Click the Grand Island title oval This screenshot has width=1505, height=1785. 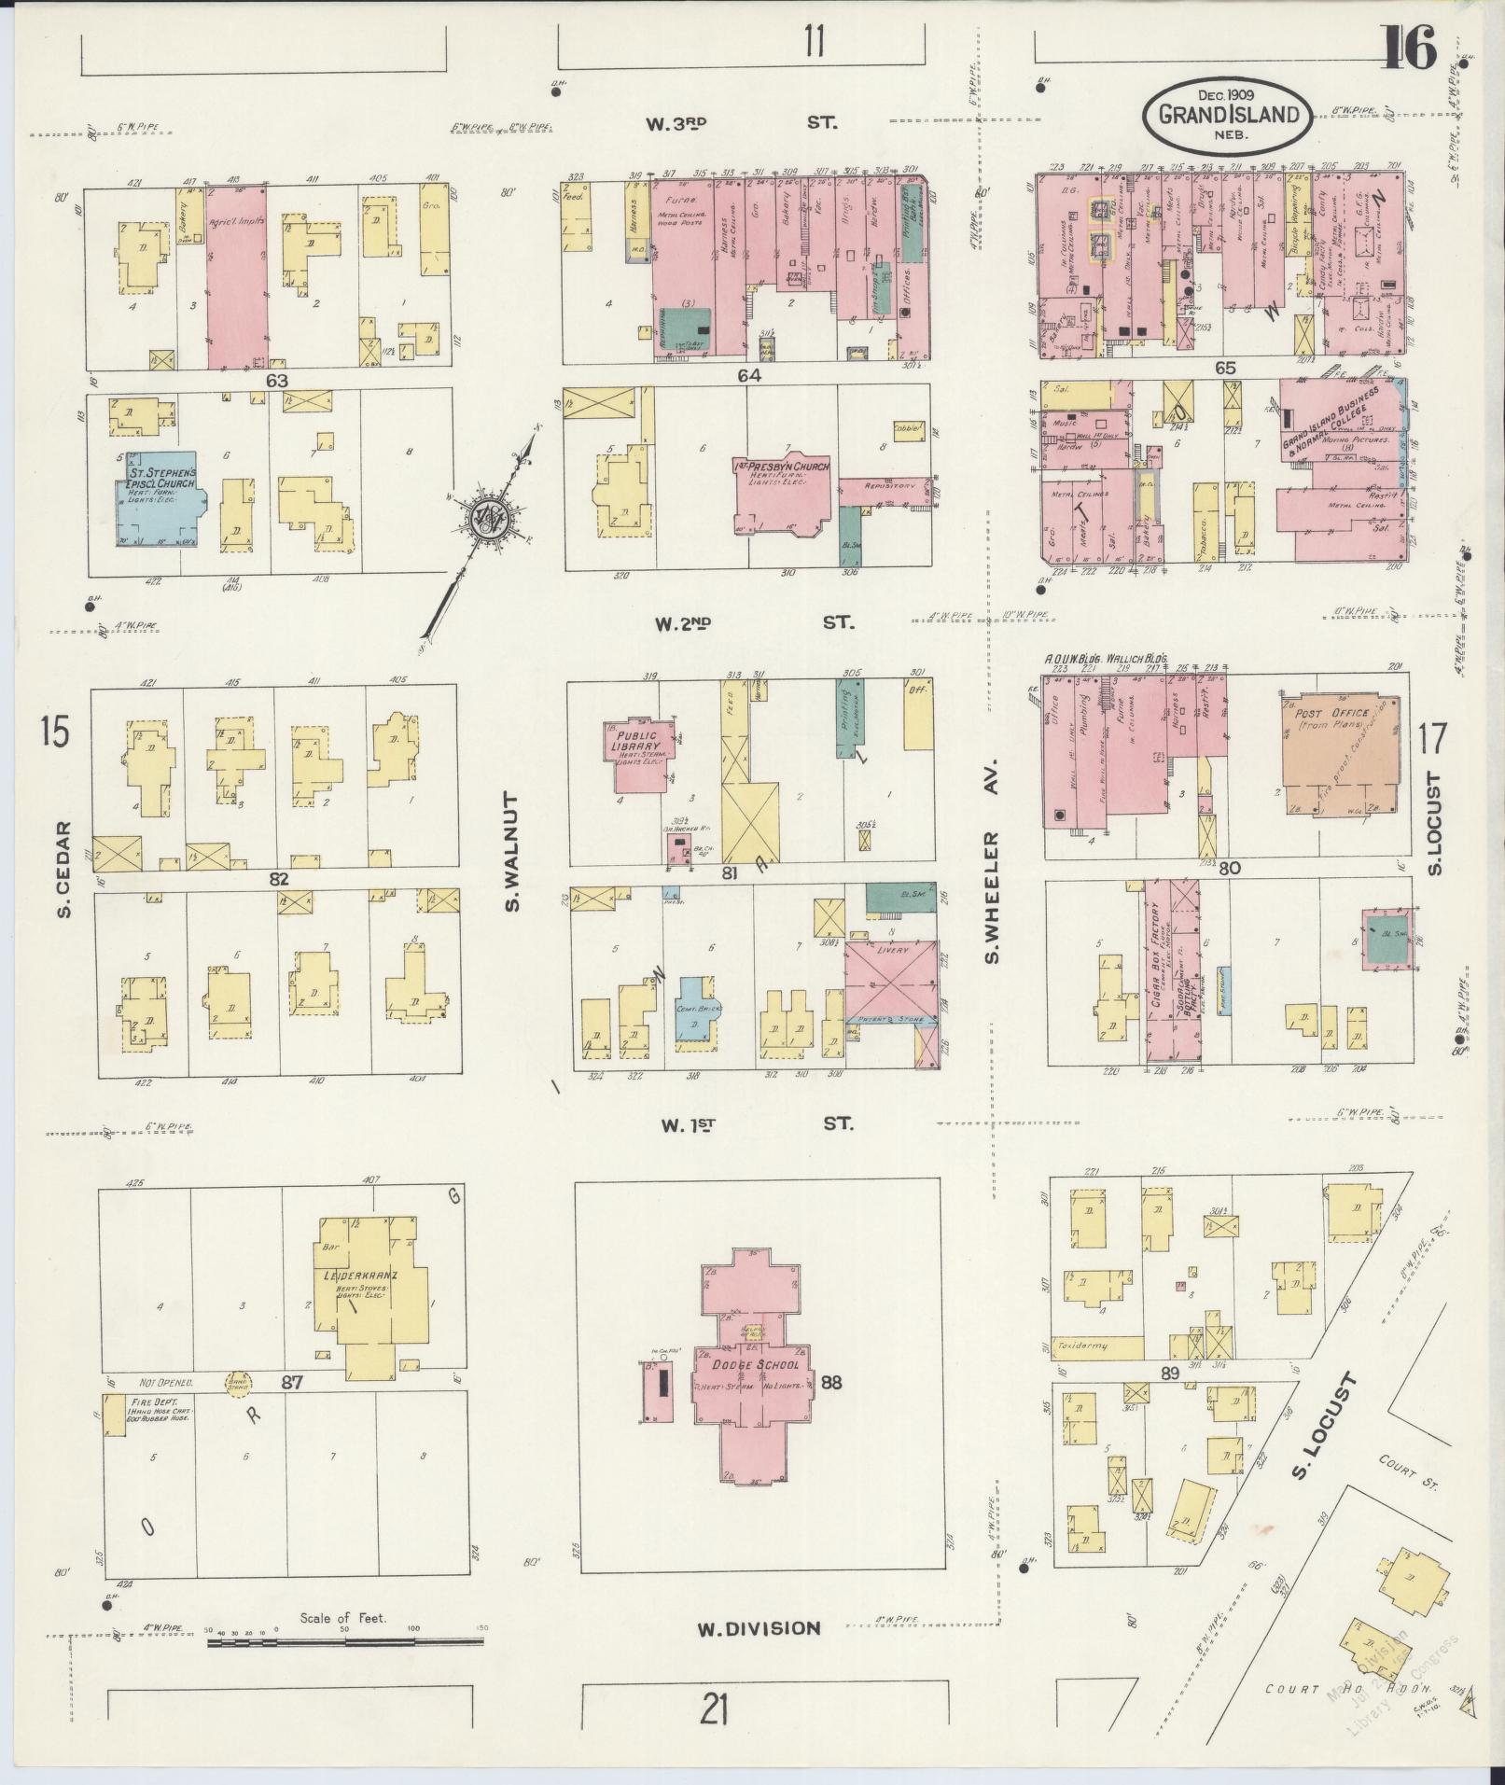[x=1228, y=115]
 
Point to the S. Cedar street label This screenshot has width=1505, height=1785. [x=63, y=868]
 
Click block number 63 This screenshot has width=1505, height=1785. [x=276, y=380]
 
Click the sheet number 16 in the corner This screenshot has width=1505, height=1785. [x=1410, y=49]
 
